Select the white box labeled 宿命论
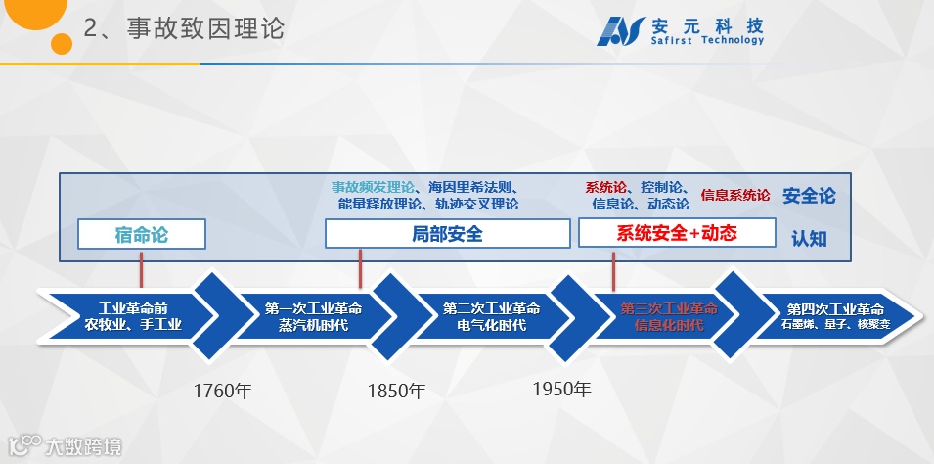click(142, 234)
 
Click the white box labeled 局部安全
click(447, 234)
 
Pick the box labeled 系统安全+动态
click(676, 233)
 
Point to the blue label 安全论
click(809, 195)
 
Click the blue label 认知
click(809, 237)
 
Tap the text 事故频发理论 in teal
click(373, 187)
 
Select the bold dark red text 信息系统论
click(734, 195)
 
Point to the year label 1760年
click(222, 392)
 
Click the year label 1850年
click(396, 392)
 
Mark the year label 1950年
click(561, 389)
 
